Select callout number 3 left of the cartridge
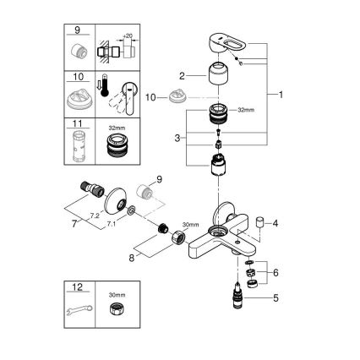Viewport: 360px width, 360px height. (x=178, y=137)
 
